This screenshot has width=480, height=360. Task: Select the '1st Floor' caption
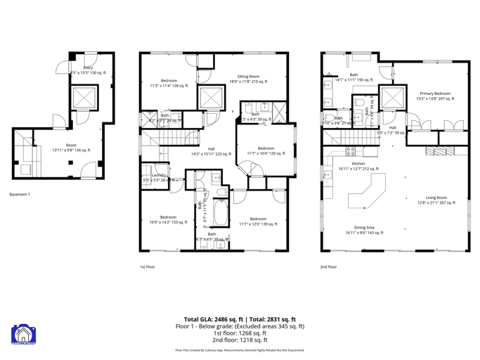[x=148, y=267]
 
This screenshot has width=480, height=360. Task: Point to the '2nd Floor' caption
[x=328, y=267]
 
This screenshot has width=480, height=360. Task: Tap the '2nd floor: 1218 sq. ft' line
[x=240, y=340]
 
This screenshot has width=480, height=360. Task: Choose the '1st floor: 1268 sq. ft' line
[x=240, y=333]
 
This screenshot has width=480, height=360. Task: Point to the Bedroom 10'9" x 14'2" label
[x=168, y=219]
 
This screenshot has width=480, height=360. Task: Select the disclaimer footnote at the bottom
[x=240, y=350]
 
